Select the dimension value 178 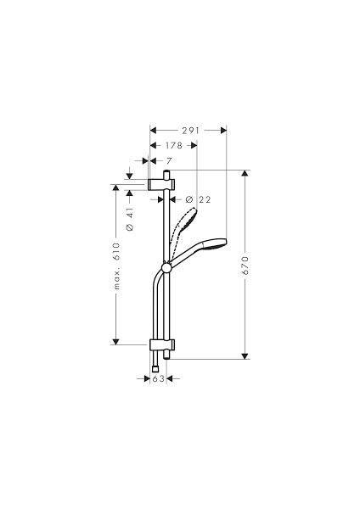(173, 145)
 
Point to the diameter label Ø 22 (197, 199)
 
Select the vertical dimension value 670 (245, 265)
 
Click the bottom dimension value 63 (158, 379)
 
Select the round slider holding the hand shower (167, 270)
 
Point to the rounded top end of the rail (167, 172)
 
